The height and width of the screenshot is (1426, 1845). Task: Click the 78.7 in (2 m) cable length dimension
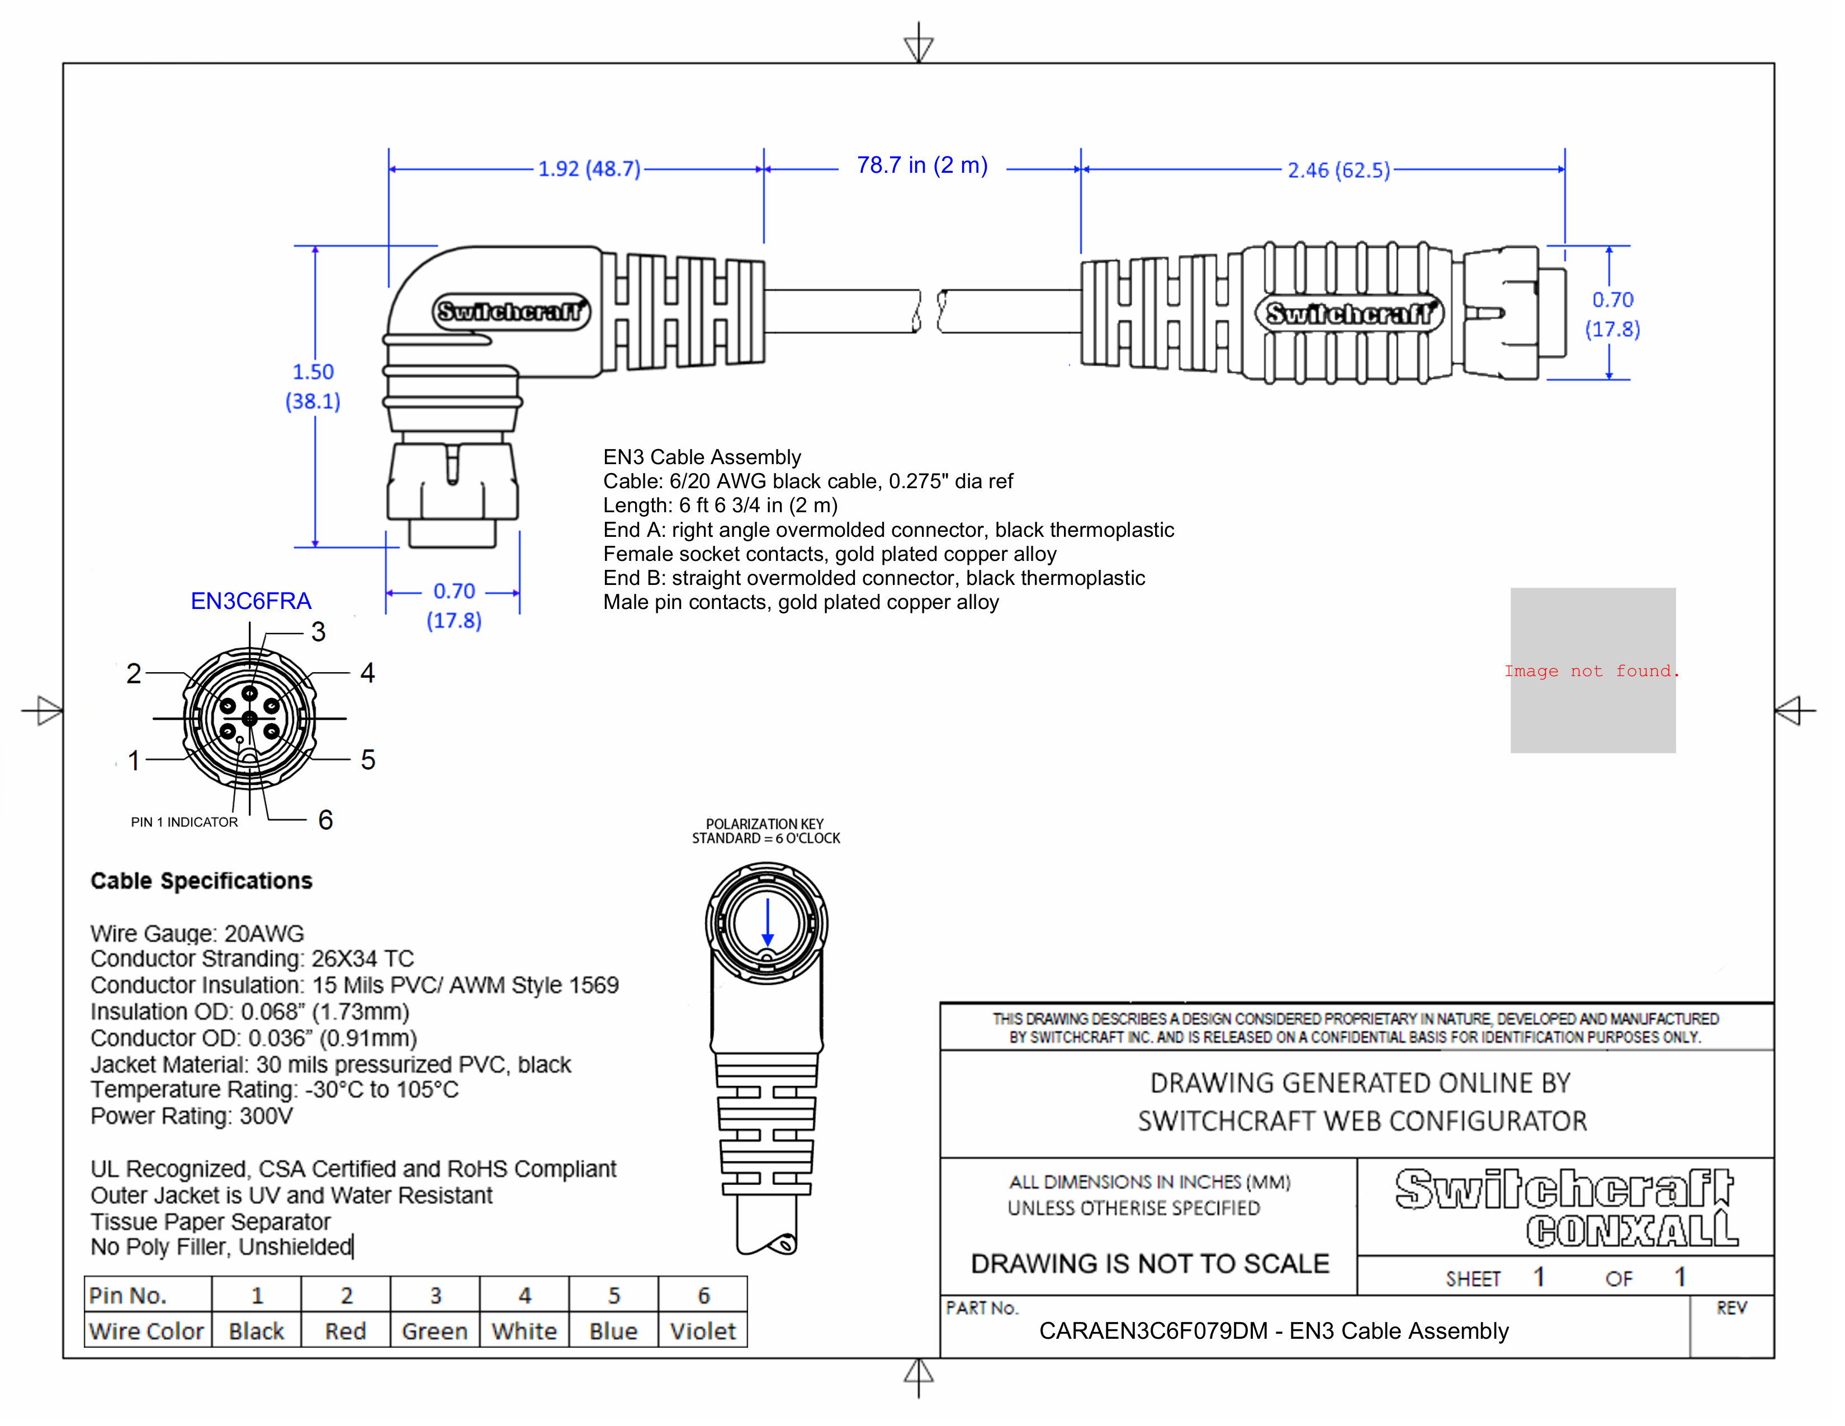click(x=921, y=166)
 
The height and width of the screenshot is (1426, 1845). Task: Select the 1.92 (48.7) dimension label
click(x=589, y=169)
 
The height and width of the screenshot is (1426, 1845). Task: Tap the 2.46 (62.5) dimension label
click(x=1338, y=171)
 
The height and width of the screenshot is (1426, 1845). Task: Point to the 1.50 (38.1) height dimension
click(x=313, y=386)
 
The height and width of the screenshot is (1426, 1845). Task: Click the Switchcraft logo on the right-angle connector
click(x=511, y=311)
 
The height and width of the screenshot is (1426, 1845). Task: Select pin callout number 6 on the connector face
click(x=325, y=819)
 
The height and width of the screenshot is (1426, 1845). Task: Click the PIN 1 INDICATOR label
click(x=184, y=822)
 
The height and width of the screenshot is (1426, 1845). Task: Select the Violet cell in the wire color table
click(x=703, y=1331)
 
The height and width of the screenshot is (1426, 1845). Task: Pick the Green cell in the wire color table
click(x=434, y=1331)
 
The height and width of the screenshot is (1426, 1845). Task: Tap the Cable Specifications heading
click(x=201, y=881)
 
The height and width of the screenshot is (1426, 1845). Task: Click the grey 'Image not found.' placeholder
click(x=1592, y=670)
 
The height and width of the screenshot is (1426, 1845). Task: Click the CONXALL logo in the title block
click(x=1631, y=1230)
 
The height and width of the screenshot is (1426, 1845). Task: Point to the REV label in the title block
click(x=1731, y=1308)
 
